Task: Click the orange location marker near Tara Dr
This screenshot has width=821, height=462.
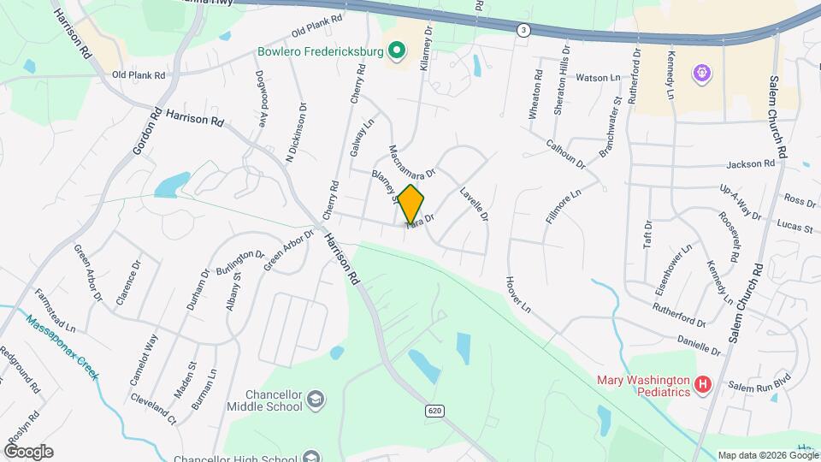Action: pyautogui.click(x=411, y=204)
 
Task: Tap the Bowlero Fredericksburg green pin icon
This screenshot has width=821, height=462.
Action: pyautogui.click(x=396, y=51)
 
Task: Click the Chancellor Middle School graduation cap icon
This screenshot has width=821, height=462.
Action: pyautogui.click(x=316, y=400)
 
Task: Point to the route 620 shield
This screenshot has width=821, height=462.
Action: pyautogui.click(x=434, y=411)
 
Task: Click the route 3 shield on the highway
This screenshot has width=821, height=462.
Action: pyautogui.click(x=523, y=30)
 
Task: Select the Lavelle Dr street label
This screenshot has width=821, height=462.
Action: pyautogui.click(x=474, y=205)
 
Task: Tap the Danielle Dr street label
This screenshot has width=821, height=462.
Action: pyautogui.click(x=699, y=345)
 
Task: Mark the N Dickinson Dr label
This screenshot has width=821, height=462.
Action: pyautogui.click(x=296, y=133)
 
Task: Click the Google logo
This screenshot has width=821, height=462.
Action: pyautogui.click(x=28, y=452)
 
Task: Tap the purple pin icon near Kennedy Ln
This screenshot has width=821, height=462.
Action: pyautogui.click(x=701, y=74)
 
